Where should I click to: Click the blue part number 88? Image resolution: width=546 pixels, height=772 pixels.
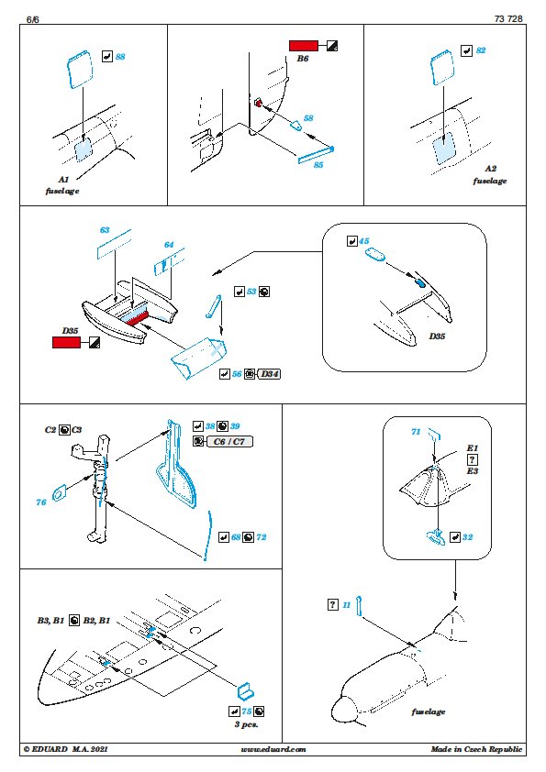(120, 57)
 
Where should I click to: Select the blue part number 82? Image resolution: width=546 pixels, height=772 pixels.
(481, 50)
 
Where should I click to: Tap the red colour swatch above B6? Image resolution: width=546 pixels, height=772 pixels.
(304, 46)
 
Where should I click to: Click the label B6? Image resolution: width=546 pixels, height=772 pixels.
(303, 59)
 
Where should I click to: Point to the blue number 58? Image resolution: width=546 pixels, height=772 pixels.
(308, 118)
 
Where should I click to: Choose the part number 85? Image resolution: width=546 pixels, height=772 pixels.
(318, 165)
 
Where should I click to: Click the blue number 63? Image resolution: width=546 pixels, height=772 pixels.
(105, 230)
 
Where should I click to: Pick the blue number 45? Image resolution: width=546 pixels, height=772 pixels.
(363, 241)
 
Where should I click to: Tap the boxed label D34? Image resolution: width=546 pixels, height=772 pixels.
(270, 374)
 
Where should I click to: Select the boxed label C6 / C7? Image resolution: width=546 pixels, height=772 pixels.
(229, 442)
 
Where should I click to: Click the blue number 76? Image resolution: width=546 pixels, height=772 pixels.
(41, 502)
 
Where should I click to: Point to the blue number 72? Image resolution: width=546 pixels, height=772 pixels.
(262, 537)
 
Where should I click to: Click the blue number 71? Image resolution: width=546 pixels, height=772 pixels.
(416, 432)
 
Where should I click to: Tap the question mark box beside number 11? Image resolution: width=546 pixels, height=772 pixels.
(333, 604)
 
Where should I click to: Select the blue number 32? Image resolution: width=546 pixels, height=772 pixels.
(467, 537)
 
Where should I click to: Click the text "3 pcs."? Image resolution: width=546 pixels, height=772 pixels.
(247, 724)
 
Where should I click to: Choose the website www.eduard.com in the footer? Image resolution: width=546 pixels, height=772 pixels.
(273, 749)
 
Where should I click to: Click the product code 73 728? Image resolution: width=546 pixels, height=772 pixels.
(508, 18)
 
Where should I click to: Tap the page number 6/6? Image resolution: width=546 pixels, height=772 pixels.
(32, 19)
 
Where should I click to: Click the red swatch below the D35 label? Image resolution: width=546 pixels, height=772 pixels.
(66, 343)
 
